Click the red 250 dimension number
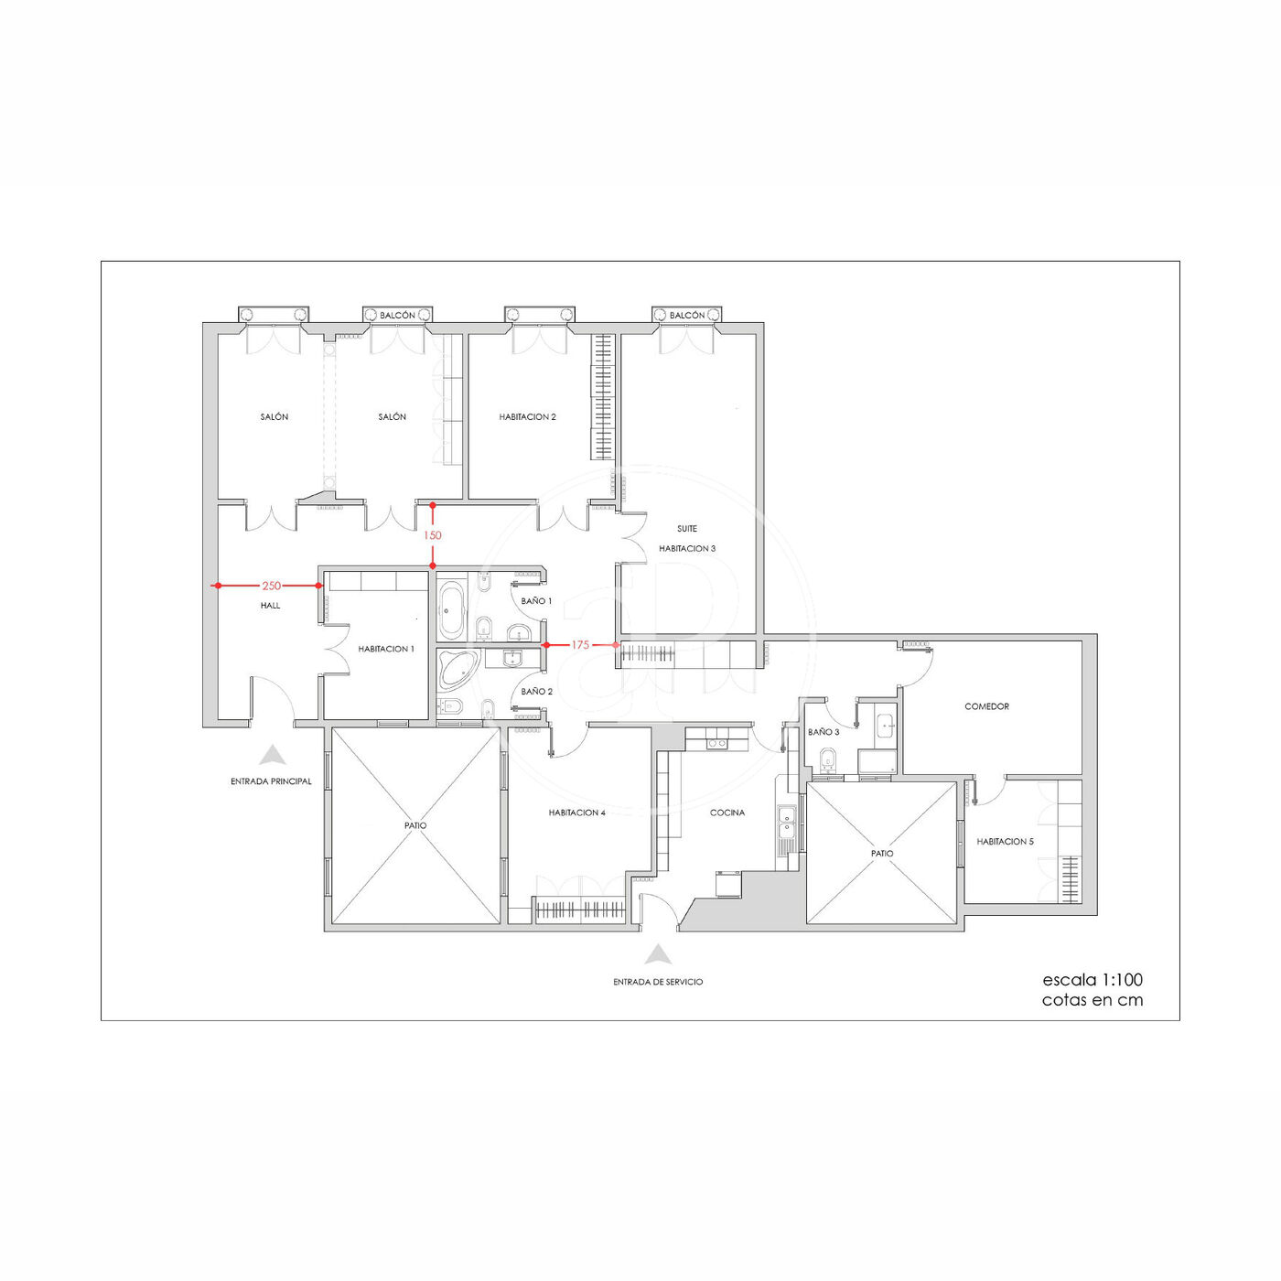(271, 586)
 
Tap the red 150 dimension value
(433, 535)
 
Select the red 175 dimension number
(580, 645)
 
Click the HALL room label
(271, 606)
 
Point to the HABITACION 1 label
(386, 649)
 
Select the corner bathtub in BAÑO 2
(457, 671)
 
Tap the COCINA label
(727, 813)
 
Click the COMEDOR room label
(986, 706)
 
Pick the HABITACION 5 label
(1005, 842)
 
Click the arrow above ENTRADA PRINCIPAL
(273, 755)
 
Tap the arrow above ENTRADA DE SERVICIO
(658, 954)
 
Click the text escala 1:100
(1093, 979)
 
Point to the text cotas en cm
(1093, 1000)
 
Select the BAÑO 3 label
(823, 732)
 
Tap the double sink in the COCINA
(788, 823)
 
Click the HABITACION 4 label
(577, 813)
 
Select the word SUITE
(687, 529)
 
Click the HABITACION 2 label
(528, 417)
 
